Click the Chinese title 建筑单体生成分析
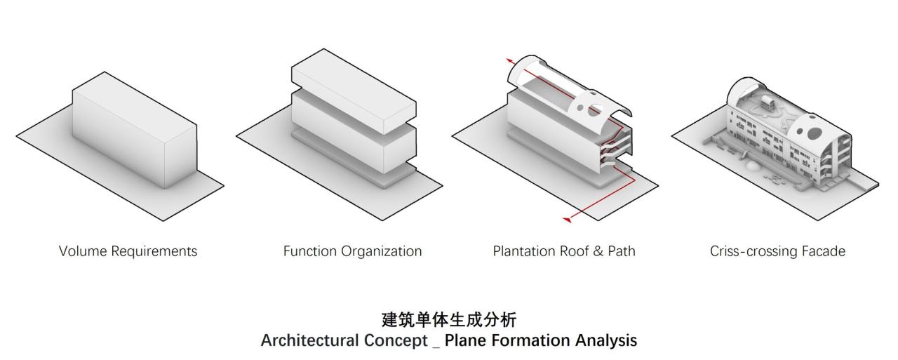(x=449, y=321)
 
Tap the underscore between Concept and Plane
(x=435, y=344)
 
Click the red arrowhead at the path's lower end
(x=568, y=220)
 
